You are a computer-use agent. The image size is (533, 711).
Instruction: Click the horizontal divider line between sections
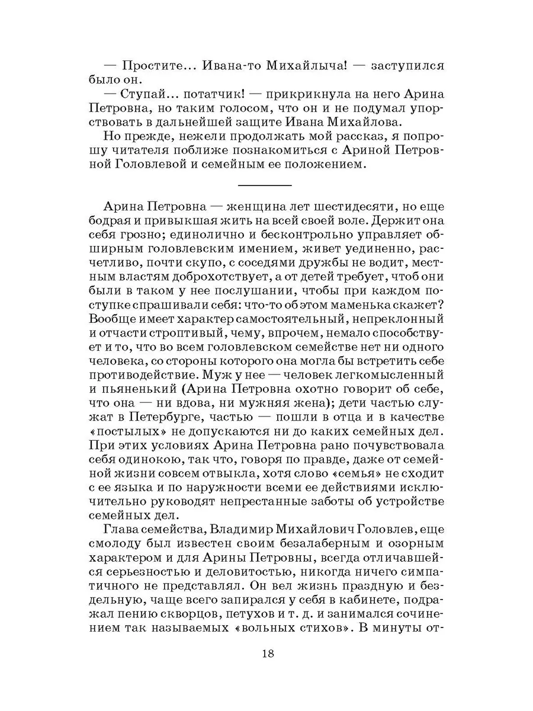[x=265, y=186]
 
